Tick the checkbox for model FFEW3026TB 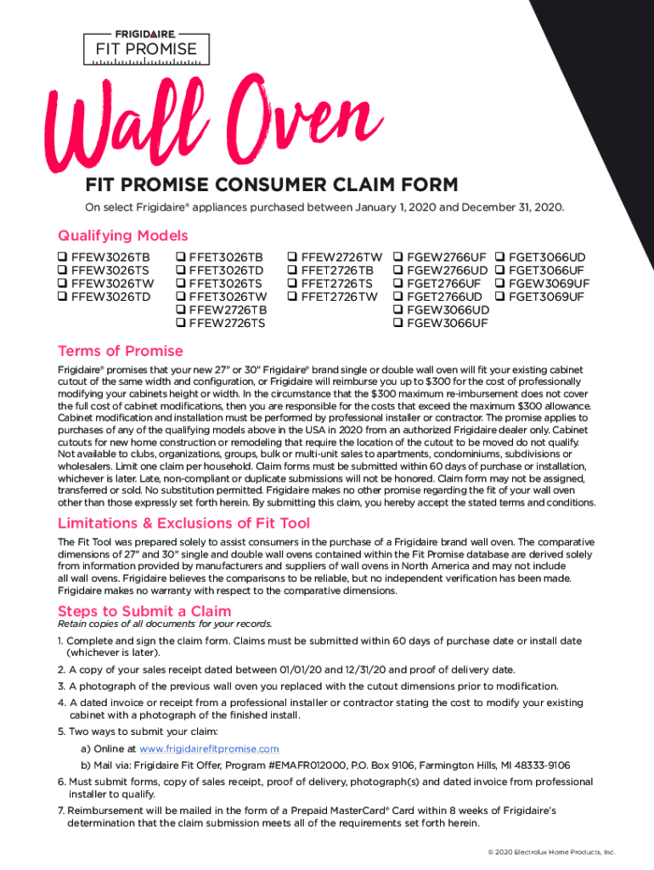tap(63, 257)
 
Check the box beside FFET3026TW tap(181, 297)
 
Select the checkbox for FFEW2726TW tap(293, 257)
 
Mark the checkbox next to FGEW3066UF tap(398, 323)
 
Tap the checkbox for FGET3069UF tap(500, 297)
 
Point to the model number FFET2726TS tap(337, 284)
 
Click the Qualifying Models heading tap(122, 235)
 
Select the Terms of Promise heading tap(120, 351)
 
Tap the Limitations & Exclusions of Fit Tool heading tap(183, 523)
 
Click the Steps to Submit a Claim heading tap(144, 611)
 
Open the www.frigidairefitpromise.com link tap(209, 749)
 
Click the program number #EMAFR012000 tap(299, 765)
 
